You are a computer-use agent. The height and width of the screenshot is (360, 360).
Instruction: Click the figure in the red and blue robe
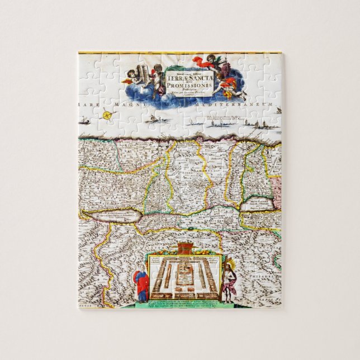(x=141, y=285)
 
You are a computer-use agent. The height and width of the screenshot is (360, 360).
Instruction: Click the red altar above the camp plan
(x=184, y=248)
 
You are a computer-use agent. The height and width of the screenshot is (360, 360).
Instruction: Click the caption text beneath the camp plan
(x=184, y=301)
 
